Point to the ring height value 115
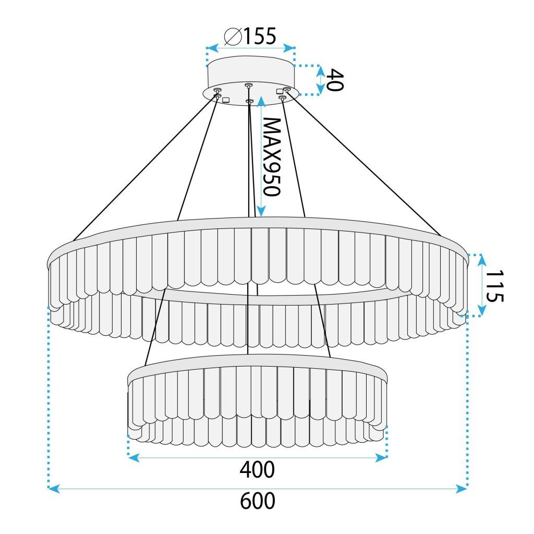pyautogui.click(x=494, y=286)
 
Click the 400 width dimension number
pyautogui.click(x=257, y=470)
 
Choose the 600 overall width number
pyautogui.click(x=257, y=501)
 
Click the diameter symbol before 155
pyautogui.click(x=232, y=37)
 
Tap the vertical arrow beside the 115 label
pyautogui.click(x=481, y=285)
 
